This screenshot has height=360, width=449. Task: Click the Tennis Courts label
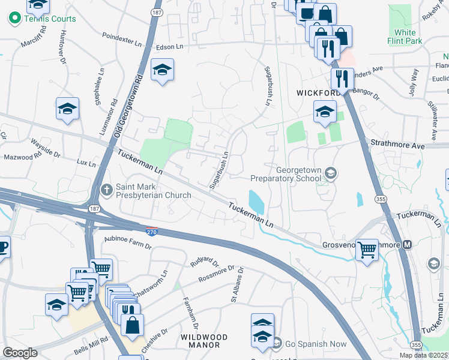pyautogui.click(x=50, y=19)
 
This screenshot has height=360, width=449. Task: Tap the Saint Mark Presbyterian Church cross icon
pyautogui.click(x=107, y=190)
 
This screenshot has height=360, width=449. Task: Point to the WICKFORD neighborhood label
pyautogui.click(x=318, y=93)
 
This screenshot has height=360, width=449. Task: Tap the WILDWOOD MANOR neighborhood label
pyautogui.click(x=204, y=341)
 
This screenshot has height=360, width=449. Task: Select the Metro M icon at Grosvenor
pyautogui.click(x=407, y=245)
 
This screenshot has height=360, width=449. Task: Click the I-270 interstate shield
pyautogui.click(x=152, y=230)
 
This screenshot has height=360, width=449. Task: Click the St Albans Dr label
pyautogui.click(x=236, y=286)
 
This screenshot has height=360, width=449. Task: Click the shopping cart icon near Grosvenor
pyautogui.click(x=367, y=250)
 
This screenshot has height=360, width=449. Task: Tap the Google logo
pyautogui.click(x=20, y=353)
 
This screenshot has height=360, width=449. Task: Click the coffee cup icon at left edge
pyautogui.click(x=2, y=247)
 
